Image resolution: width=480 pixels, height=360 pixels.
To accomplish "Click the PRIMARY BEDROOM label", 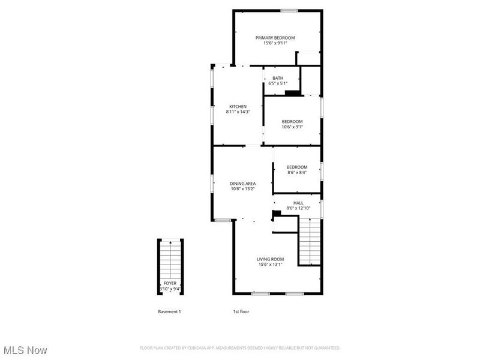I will pos(279,37).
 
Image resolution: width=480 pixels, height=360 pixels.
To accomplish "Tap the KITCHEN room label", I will pos(238,106).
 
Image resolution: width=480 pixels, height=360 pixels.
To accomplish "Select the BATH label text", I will pos(278,78).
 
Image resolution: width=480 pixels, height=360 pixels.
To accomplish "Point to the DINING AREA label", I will pos(243,184).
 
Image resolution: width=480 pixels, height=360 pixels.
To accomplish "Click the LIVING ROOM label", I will pos(271,259).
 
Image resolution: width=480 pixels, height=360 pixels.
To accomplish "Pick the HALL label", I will pos(298,203).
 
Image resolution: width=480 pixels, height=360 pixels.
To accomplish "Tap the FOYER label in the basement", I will pos(170,283).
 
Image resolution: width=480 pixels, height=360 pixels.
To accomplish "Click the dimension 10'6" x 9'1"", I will pos(292,127).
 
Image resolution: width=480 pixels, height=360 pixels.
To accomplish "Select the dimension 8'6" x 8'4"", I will pos(296,172).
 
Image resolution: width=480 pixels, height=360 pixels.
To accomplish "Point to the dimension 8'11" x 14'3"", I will pos(238,112).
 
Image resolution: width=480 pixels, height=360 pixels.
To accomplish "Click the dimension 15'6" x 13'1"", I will pos(271,264).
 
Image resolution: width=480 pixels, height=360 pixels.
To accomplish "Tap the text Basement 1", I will pos(169,312).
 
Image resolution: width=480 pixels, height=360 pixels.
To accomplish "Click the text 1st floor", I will pos(241,312).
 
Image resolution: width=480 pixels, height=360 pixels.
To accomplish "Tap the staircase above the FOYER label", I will pos(171,258).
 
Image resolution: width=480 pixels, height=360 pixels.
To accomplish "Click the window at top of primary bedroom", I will pos(290,10).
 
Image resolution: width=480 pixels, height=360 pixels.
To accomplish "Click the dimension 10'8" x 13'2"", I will pos(243,189).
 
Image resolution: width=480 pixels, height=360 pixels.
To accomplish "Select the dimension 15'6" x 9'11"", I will pos(279,43).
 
